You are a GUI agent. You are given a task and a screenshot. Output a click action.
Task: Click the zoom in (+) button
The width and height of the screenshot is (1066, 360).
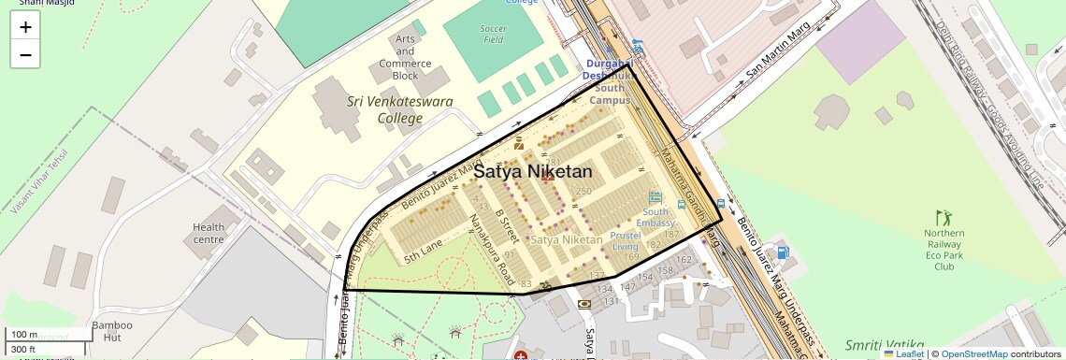tap(25, 27)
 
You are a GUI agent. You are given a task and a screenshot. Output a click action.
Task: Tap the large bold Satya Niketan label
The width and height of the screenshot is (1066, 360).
tap(532, 172)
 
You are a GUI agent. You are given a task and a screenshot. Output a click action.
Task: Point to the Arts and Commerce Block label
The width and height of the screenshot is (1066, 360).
tap(405, 57)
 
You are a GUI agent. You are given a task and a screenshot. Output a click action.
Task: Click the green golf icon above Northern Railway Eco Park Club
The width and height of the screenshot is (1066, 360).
tap(942, 216)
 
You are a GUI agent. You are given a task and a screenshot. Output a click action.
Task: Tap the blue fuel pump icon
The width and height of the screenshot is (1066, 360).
tap(782, 252)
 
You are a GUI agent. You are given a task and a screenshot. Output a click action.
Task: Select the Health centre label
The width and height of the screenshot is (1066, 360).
tap(209, 234)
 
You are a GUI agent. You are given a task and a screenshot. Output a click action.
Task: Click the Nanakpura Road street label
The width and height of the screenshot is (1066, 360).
tap(492, 250)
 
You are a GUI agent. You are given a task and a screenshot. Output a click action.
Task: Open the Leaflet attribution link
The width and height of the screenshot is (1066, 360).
tap(903, 353)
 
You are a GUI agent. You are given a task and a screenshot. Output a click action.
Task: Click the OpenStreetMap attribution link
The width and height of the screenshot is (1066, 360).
tap(973, 353)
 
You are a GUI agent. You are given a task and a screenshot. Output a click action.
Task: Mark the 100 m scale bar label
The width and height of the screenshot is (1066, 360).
tap(24, 335)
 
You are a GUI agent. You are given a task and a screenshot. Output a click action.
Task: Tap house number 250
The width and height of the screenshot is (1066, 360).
tap(583, 192)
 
